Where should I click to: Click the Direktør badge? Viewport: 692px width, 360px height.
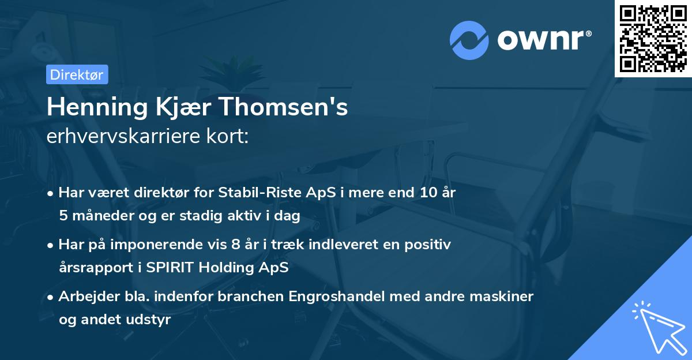pos(77,74)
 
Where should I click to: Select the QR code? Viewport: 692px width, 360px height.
pos(653,38)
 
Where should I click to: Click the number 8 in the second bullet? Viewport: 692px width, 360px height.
pos(235,245)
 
